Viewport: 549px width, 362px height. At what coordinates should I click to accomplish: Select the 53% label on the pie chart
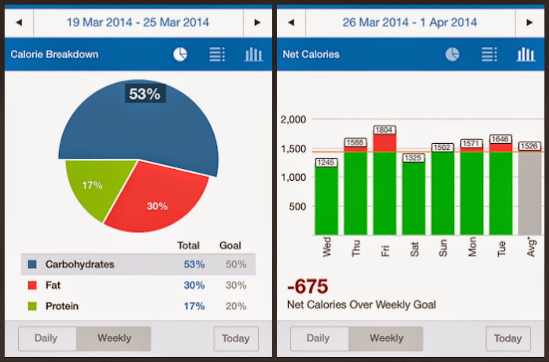tap(145, 93)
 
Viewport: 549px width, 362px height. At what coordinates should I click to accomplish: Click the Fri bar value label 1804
tap(384, 130)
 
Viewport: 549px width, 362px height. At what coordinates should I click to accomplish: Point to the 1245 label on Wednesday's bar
tap(326, 162)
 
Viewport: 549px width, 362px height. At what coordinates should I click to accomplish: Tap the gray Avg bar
tap(530, 193)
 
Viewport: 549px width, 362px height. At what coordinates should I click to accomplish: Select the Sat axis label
tap(414, 249)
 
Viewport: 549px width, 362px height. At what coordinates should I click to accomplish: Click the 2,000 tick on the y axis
tap(293, 120)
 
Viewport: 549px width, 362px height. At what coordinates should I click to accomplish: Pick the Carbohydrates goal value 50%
tap(236, 264)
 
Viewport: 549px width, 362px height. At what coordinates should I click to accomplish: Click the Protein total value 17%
tap(194, 306)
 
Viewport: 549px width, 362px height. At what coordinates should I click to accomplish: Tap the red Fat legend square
tap(32, 285)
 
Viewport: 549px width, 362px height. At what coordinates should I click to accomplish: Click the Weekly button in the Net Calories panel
tap(386, 338)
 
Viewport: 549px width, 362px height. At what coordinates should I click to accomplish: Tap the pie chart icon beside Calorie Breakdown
tap(180, 54)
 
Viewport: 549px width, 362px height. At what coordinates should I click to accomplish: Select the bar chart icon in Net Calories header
tap(526, 54)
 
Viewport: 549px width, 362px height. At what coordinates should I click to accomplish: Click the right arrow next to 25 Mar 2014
tap(257, 23)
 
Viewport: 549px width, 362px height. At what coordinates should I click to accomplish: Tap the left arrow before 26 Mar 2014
tap(291, 23)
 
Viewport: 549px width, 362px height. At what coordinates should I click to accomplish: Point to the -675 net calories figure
tap(307, 286)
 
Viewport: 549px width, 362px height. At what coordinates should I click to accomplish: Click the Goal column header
tap(230, 245)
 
